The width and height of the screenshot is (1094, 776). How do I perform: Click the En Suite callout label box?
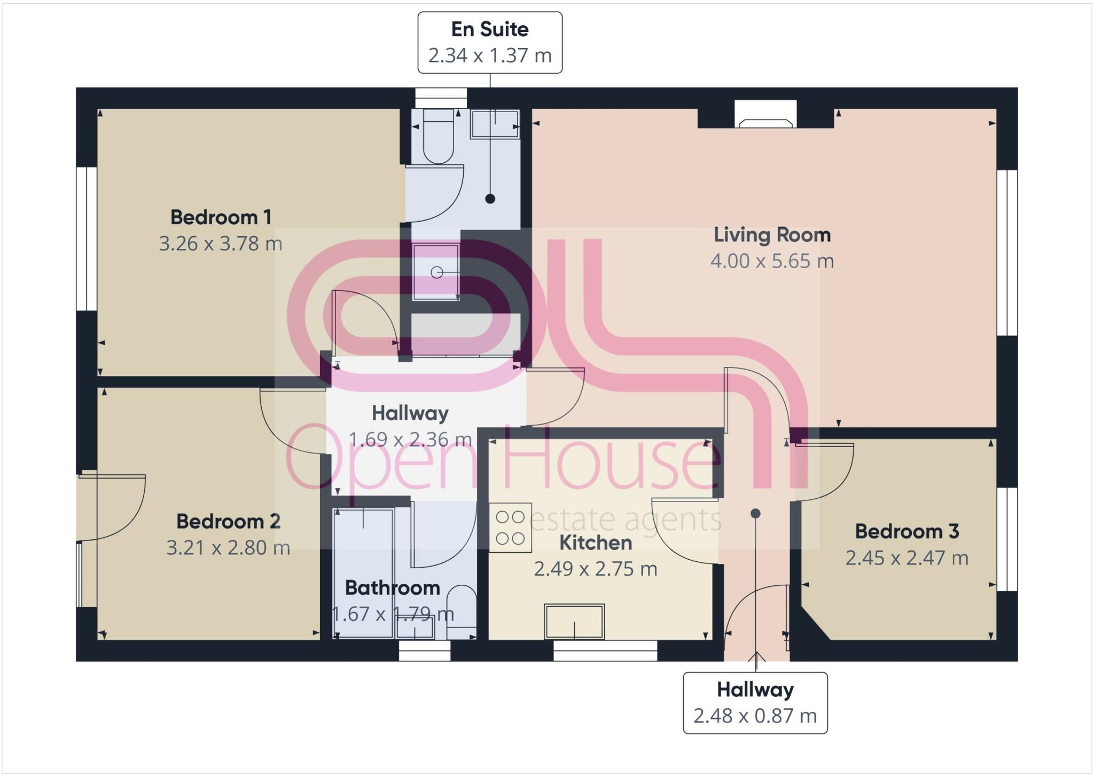pos(489,42)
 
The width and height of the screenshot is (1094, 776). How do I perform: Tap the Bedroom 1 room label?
pos(221,217)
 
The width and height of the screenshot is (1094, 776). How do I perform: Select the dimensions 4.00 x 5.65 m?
pos(772,261)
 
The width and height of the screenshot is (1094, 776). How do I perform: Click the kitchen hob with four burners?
pos(510,528)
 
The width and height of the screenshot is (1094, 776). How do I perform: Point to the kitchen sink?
pos(574,622)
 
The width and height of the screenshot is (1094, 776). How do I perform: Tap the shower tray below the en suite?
pos(436,272)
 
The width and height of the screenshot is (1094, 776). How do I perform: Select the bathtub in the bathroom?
pos(363,573)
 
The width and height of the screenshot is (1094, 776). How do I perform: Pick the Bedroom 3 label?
pos(907,531)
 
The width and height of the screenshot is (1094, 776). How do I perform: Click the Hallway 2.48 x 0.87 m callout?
pos(755,702)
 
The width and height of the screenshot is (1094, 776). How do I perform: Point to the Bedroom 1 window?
pos(87,239)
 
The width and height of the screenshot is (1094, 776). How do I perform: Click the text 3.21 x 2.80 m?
pos(228,548)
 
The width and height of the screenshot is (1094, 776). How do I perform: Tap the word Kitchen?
pos(595,543)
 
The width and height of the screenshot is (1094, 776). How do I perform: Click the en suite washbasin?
pos(495,124)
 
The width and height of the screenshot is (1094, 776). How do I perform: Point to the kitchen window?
pos(605,650)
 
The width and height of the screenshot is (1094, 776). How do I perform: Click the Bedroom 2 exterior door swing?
pos(118,507)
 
